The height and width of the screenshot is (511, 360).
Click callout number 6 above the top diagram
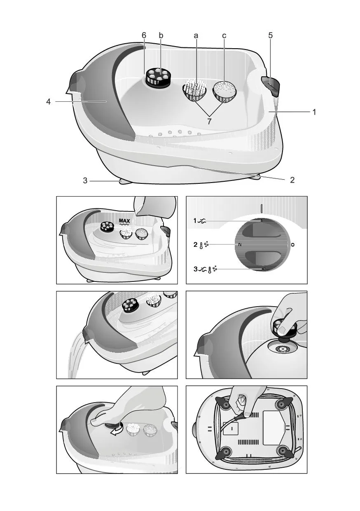pyautogui.click(x=144, y=35)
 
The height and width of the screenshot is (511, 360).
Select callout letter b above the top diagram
pyautogui.click(x=161, y=35)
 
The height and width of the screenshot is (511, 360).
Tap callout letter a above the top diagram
pyautogui.click(x=196, y=36)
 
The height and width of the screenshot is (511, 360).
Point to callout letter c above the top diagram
pyautogui.click(x=224, y=36)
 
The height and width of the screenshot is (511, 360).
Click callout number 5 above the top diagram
pyautogui.click(x=270, y=35)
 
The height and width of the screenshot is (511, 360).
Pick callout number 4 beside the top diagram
pyautogui.click(x=48, y=101)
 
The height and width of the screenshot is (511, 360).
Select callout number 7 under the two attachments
pyautogui.click(x=209, y=122)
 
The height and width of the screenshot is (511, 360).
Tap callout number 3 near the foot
pyautogui.click(x=85, y=180)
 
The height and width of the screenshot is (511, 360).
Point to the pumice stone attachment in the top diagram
pyautogui.click(x=225, y=91)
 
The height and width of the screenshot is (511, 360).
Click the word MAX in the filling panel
pyautogui.click(x=124, y=221)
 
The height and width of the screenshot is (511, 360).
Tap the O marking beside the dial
pyautogui.click(x=292, y=245)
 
